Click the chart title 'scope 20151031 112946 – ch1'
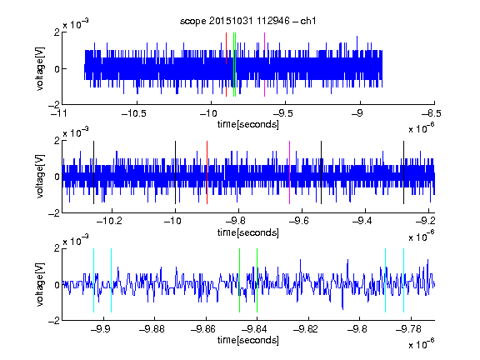point(247,21)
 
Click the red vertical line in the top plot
point(226,65)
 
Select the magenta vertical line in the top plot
point(264,65)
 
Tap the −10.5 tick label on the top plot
point(134,114)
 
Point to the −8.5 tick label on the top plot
point(431,114)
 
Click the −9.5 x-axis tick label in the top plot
point(282,114)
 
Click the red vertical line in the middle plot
point(207,172)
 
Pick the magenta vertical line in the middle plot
point(290,172)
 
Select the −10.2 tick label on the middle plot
point(109,221)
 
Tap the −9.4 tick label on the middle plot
point(362,221)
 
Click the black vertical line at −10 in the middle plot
point(175,172)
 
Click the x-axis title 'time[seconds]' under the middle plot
point(248,232)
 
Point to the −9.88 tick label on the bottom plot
point(152,329)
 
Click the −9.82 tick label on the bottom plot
point(306,329)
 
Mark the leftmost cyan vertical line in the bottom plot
point(93,280)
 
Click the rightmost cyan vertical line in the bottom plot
point(404,280)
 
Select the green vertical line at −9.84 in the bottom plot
point(257,280)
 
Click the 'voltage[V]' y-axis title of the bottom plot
point(40,284)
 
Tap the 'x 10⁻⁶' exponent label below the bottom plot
point(421,344)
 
